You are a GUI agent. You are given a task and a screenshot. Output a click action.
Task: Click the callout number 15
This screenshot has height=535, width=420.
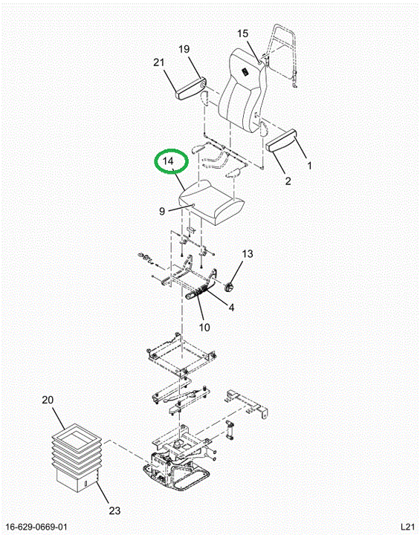243,33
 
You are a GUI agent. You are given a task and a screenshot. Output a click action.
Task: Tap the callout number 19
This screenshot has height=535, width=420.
184,49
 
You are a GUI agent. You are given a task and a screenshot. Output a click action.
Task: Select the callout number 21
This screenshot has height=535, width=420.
159,62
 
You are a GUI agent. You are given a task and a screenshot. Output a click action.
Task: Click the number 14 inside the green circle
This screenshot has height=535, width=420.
168,160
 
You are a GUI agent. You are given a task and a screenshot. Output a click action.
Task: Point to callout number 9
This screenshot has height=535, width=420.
162,212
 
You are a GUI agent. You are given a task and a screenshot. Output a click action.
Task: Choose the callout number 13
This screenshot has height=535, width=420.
248,254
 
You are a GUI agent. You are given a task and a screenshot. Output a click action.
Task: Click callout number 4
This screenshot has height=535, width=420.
231,308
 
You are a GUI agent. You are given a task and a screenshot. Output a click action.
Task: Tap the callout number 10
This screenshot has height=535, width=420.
204,328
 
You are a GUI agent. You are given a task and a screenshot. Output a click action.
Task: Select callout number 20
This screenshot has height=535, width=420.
48,400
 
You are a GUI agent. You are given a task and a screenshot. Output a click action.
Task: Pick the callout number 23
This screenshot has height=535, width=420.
114,510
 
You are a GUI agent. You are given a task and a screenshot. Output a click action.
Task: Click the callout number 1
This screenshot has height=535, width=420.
309,166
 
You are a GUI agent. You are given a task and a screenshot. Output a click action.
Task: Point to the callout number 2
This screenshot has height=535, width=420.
288,181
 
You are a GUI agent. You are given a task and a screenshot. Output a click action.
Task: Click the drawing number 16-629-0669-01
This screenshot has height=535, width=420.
36,527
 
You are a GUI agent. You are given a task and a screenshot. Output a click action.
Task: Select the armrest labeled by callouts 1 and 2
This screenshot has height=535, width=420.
281,140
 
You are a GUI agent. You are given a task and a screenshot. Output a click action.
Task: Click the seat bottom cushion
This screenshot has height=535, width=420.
213,203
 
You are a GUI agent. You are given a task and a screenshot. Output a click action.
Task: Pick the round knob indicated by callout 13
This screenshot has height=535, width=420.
228,286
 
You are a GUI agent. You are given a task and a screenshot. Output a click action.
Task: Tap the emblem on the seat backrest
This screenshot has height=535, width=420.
245,72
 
